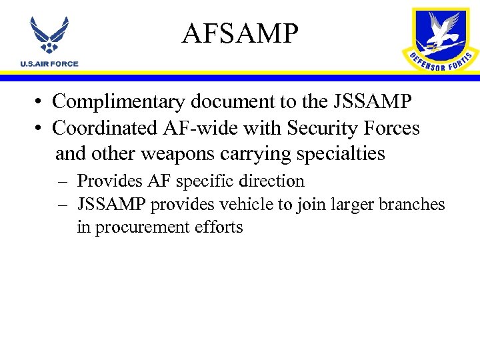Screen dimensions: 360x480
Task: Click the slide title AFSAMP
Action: point(239,33)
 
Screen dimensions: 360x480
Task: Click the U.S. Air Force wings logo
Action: point(49,37)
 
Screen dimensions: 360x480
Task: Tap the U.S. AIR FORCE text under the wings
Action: point(49,64)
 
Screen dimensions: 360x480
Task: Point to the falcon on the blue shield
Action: point(442,31)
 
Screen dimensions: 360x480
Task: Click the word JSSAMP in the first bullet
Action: point(370,102)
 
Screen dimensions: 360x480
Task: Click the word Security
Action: point(324,128)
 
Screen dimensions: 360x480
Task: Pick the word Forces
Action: point(392,128)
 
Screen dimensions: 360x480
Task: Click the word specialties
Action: point(343,154)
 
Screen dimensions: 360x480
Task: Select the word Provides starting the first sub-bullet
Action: point(101,181)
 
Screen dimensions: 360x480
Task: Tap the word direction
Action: point(273,181)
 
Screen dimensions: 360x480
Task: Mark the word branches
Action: point(411,204)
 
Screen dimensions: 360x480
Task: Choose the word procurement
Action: point(142,227)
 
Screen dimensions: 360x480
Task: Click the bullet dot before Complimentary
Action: point(41,103)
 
